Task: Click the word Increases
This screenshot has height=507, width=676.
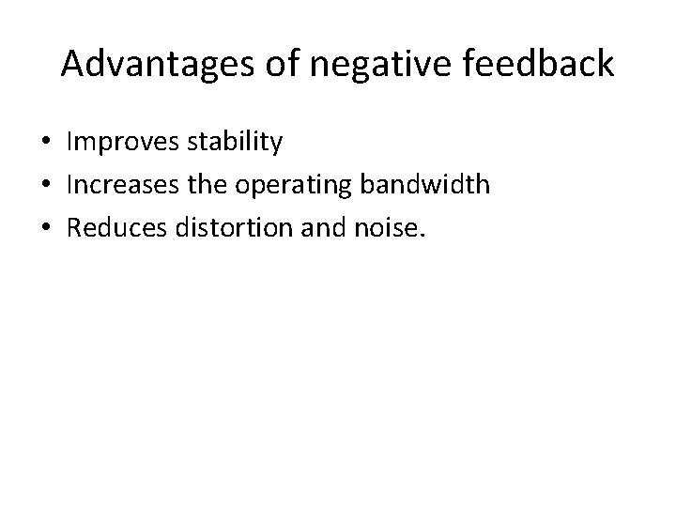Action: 123,185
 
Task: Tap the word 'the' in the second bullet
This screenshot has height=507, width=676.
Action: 216,185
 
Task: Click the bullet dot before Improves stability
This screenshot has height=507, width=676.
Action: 45,144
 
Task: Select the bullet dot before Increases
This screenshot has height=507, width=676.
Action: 45,186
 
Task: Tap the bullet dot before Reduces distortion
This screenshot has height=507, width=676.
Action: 45,227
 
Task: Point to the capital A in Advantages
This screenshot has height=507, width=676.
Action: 72,65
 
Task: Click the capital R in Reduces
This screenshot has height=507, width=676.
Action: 75,226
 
